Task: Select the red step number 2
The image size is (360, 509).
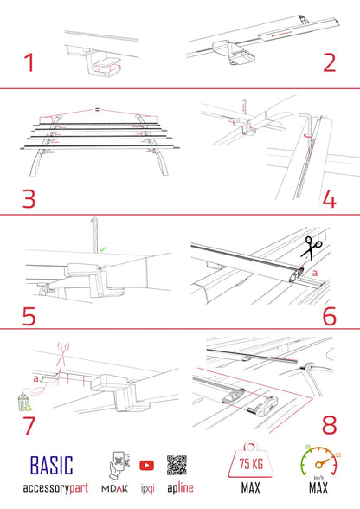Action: pyautogui.click(x=329, y=62)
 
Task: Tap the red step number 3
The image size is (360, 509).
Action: pyautogui.click(x=29, y=197)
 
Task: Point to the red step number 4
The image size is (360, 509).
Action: pyautogui.click(x=330, y=198)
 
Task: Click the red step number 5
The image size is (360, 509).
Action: pyautogui.click(x=29, y=313)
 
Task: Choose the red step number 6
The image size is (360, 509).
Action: pyautogui.click(x=330, y=313)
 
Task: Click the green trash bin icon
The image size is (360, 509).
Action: pyautogui.click(x=23, y=403)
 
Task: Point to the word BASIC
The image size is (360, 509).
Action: pyautogui.click(x=52, y=466)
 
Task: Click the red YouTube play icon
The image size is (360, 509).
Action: pyautogui.click(x=146, y=465)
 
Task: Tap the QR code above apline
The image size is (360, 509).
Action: pyautogui.click(x=177, y=464)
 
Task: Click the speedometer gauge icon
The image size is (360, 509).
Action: pyautogui.click(x=321, y=465)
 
